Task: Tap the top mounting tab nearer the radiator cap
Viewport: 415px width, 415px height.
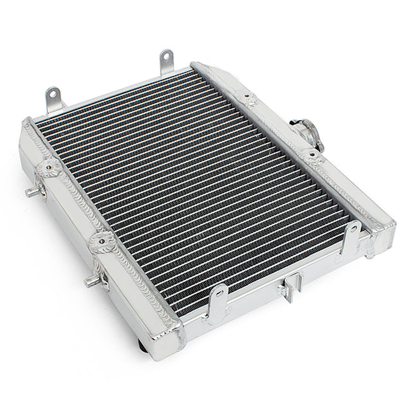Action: [x=167, y=62]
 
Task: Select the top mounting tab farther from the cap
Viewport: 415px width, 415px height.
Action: [x=53, y=98]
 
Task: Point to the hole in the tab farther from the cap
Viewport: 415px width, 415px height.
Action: [x=53, y=93]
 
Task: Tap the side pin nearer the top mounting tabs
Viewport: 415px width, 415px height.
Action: [x=31, y=192]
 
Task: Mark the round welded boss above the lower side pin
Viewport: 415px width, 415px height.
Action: [x=100, y=242]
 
